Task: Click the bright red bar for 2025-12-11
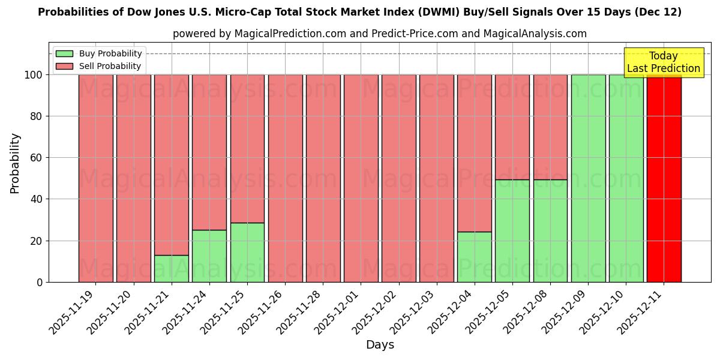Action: [664, 178]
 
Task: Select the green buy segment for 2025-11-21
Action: [172, 269]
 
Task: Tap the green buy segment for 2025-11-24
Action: [209, 256]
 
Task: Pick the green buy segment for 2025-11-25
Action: [247, 253]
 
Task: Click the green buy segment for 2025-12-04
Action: [474, 257]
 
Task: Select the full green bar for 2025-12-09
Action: [588, 178]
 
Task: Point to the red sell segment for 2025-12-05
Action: [512, 127]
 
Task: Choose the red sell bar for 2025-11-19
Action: [96, 178]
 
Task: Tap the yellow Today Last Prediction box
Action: [663, 62]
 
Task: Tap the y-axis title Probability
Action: [15, 163]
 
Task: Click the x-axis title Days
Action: [380, 345]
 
